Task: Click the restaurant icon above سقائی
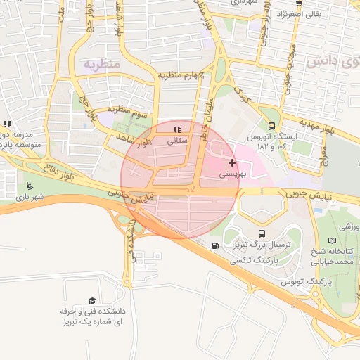tap(177, 129)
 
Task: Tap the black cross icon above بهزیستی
tap(232, 162)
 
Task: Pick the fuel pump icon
tap(214, 245)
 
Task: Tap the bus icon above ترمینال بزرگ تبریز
tap(262, 233)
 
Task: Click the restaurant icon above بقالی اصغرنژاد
tap(298, 4)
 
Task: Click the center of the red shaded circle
tap(179, 179)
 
